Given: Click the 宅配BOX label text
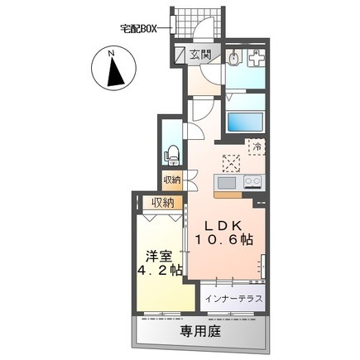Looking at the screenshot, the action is click(x=138, y=28).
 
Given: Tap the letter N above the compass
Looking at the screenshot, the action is click(x=112, y=54).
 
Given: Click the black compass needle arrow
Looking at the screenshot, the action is click(x=115, y=72).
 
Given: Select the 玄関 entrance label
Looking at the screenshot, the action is click(x=200, y=55).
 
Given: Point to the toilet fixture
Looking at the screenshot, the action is click(x=173, y=156).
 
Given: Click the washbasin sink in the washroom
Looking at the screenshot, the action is click(x=233, y=58).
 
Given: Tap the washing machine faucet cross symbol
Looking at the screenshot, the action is click(x=257, y=57).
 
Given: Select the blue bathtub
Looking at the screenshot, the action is click(x=245, y=123).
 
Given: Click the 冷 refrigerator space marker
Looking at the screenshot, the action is click(x=257, y=146).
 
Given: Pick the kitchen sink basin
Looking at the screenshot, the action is click(x=227, y=183).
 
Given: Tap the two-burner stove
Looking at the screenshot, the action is click(x=252, y=182).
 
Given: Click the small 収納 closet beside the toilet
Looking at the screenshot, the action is click(x=172, y=180).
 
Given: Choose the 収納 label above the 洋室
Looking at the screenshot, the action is click(x=163, y=203).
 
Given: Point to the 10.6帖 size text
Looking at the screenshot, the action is click(x=224, y=239).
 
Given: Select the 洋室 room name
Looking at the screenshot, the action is click(x=159, y=257).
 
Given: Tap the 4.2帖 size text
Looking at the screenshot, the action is click(x=160, y=271).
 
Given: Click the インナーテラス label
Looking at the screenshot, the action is click(x=233, y=299).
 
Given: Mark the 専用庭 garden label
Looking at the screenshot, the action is click(x=200, y=331).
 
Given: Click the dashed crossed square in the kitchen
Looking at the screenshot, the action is click(x=231, y=164).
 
